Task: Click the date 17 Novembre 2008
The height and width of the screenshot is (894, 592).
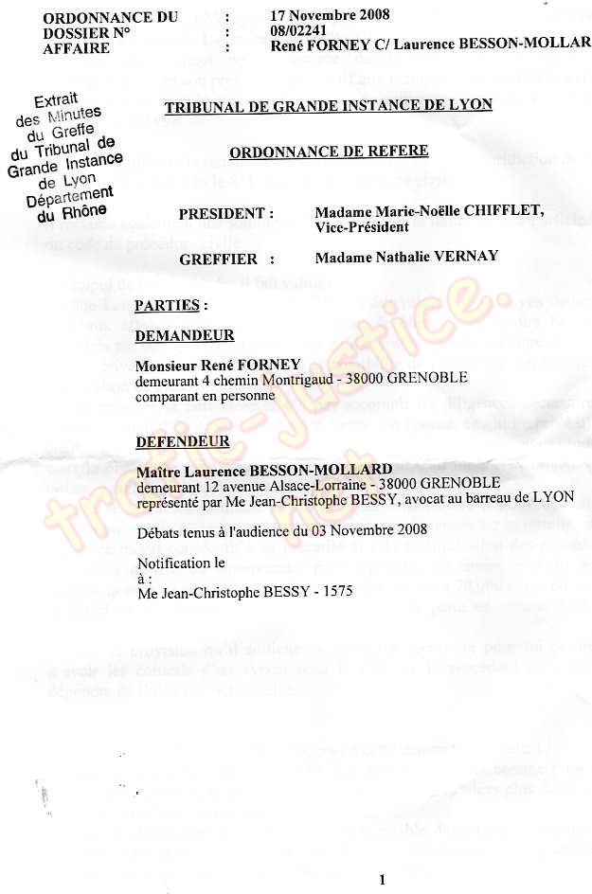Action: click(x=329, y=15)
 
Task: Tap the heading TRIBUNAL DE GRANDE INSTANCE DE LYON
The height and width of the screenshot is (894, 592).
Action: click(x=328, y=105)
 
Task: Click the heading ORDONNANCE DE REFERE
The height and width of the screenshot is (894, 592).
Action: click(x=328, y=152)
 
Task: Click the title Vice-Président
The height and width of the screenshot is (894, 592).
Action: click(x=362, y=227)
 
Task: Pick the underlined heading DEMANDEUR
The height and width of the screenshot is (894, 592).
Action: click(x=184, y=335)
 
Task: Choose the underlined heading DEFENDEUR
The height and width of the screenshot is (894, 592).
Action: click(x=182, y=441)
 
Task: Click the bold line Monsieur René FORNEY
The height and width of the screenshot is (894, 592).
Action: click(x=218, y=365)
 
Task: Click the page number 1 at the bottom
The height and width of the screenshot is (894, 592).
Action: click(x=381, y=880)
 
